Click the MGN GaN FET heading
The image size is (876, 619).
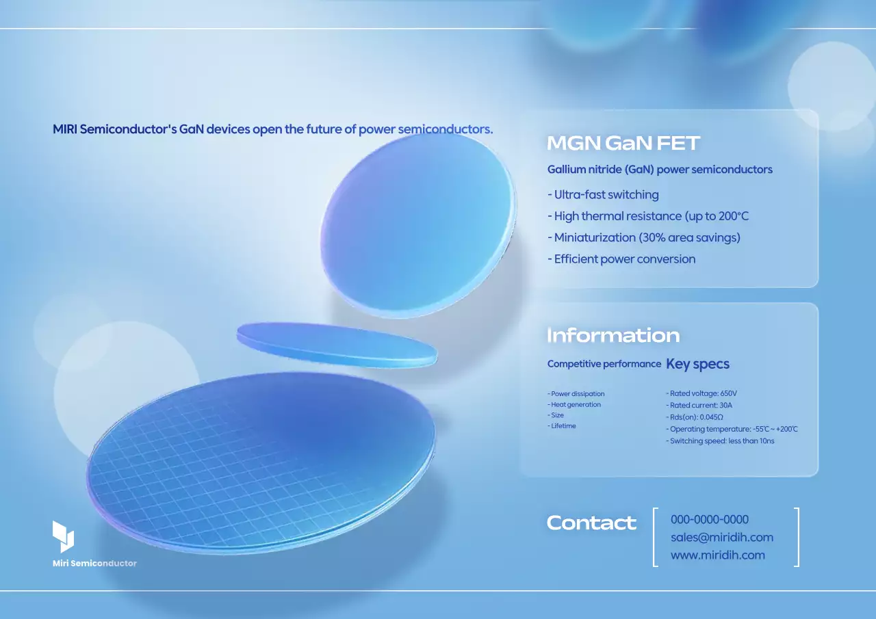coord(623,144)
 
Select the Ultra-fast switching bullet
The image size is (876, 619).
coord(603,195)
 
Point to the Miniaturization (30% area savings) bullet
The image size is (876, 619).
coord(644,238)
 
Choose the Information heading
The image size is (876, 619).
coord(613,335)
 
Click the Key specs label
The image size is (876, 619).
coord(697,364)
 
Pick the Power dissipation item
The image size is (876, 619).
coord(576,394)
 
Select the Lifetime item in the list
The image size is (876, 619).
coord(562,426)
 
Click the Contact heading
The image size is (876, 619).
coord(591,523)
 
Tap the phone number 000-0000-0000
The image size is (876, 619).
coord(710,520)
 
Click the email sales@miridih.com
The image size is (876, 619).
coord(722,538)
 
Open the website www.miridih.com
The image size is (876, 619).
coord(718,555)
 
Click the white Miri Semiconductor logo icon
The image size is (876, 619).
coord(63,536)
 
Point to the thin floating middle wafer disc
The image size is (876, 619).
coord(337,343)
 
